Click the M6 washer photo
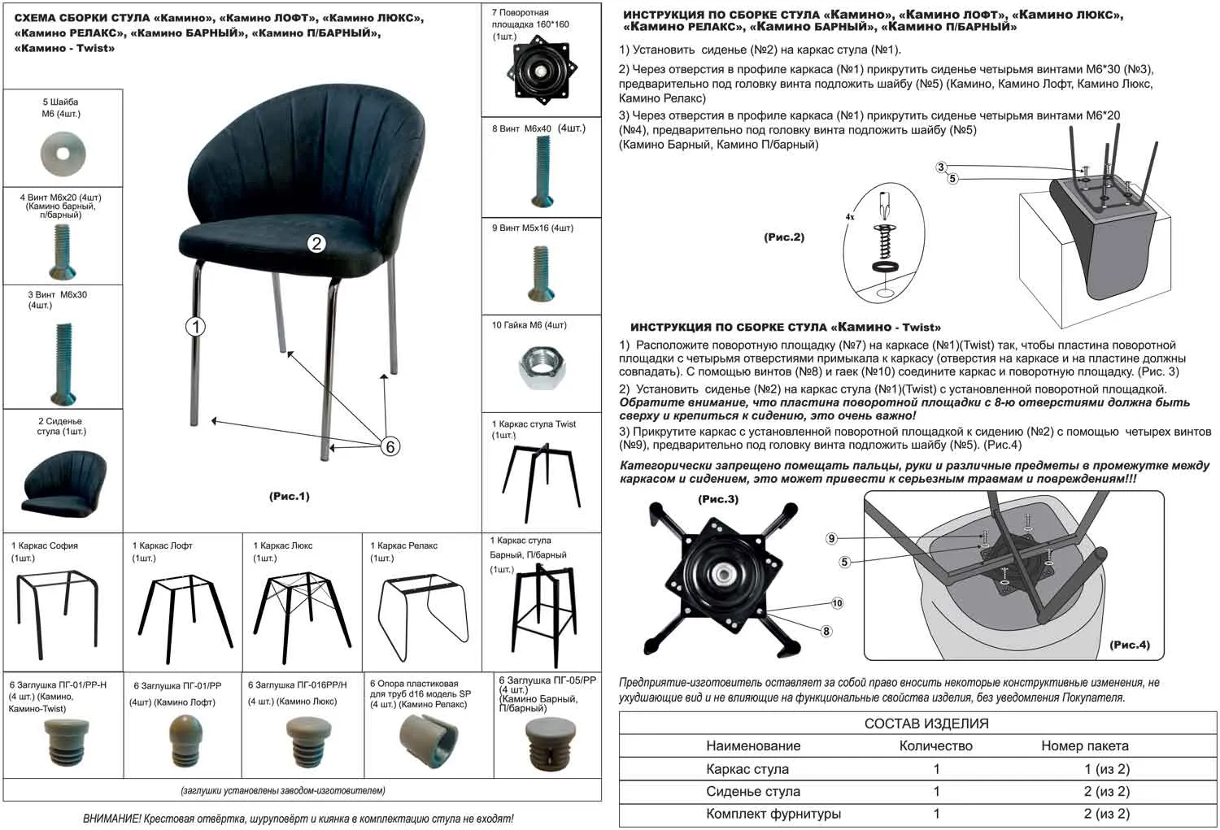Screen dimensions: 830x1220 (x=63, y=152)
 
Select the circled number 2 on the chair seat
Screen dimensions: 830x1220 (x=316, y=242)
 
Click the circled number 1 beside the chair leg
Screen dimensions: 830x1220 (x=195, y=327)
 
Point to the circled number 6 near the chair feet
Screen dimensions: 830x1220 (x=390, y=446)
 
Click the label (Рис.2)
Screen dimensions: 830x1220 (x=783, y=237)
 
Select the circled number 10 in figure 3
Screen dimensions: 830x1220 (x=837, y=603)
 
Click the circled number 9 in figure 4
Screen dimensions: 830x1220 (x=831, y=538)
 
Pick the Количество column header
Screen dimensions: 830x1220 (x=935, y=745)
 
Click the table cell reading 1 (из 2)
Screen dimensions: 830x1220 (x=1106, y=768)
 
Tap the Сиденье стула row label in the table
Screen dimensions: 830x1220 (x=752, y=791)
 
